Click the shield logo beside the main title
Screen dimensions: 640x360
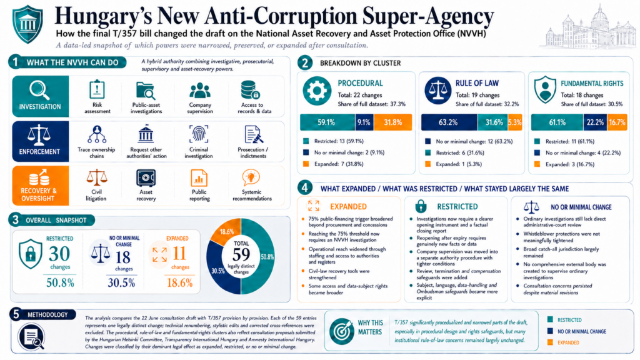pyautogui.click(x=27, y=24)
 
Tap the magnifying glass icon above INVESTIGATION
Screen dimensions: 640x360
pyautogui.click(x=39, y=90)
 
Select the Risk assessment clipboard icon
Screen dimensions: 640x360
pyautogui.click(x=97, y=89)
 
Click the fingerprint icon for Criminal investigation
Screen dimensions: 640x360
pyautogui.click(x=199, y=134)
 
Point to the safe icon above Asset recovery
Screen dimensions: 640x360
pyautogui.click(x=146, y=178)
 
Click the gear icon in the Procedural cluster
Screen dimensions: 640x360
pyautogui.click(x=317, y=91)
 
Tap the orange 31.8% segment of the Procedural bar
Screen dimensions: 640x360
pyautogui.click(x=392, y=122)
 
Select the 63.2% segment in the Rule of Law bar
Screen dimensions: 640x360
pyautogui.click(x=449, y=122)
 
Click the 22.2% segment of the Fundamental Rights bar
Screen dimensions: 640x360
pyautogui.click(x=595, y=122)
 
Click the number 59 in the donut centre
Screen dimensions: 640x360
pyautogui.click(x=241, y=255)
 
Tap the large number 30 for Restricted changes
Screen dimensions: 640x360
pyautogui.click(x=59, y=254)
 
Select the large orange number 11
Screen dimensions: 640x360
pyautogui.click(x=179, y=254)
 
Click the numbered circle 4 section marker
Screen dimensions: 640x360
pyautogui.click(x=304, y=188)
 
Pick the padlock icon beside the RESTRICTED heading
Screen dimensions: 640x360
pyautogui.click(x=421, y=206)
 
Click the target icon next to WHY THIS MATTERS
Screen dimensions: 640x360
pyautogui.click(x=342, y=331)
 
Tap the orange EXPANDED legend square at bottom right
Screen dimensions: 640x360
pyautogui.click(x=550, y=342)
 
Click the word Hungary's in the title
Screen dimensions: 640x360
pyautogui.click(x=103, y=16)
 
